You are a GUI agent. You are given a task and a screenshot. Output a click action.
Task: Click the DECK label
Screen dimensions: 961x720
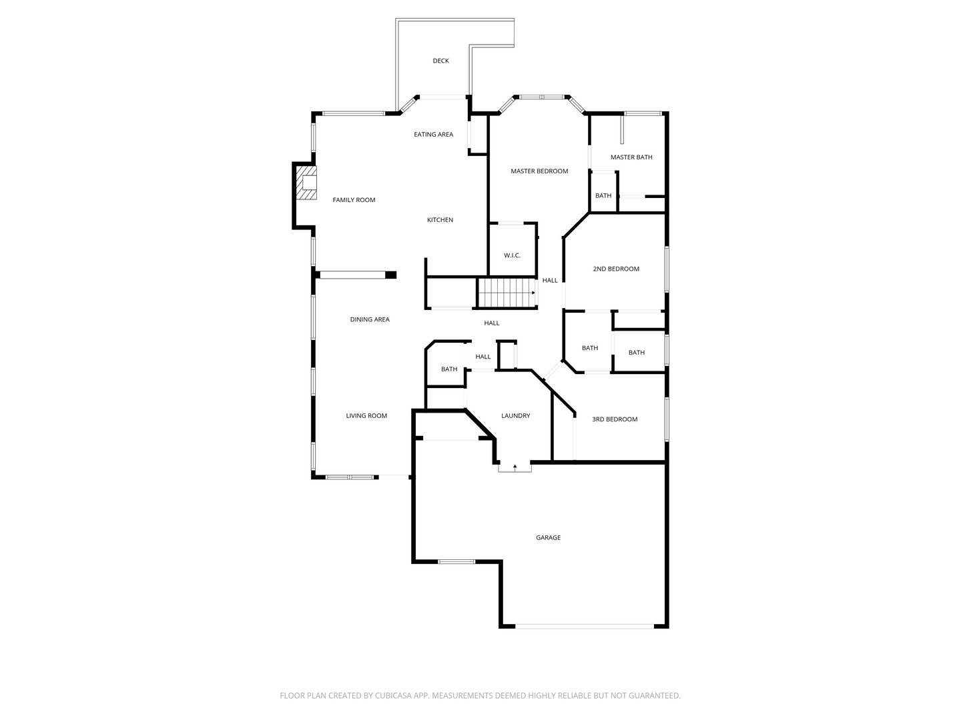click(440, 61)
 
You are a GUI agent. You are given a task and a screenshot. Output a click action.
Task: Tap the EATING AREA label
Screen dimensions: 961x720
click(433, 134)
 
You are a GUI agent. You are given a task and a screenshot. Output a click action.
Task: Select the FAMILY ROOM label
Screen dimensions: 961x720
click(353, 200)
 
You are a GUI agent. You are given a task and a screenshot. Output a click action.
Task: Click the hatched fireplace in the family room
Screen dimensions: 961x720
click(306, 182)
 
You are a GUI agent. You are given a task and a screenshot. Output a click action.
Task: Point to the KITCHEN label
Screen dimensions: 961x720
click(440, 220)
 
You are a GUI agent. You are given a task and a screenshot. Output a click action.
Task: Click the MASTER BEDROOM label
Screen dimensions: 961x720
click(539, 171)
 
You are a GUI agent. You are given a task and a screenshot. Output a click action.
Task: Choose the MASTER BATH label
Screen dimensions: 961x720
click(631, 157)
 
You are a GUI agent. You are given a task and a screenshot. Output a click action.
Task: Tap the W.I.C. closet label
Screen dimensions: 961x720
click(512, 255)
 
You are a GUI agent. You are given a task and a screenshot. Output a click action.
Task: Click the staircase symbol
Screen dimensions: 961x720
click(507, 293)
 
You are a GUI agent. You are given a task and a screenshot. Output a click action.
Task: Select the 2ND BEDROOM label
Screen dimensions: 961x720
click(615, 269)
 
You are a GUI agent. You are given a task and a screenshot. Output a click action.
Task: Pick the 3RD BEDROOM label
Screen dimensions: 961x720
click(614, 419)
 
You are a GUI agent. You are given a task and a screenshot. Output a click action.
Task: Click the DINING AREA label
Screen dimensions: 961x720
click(370, 319)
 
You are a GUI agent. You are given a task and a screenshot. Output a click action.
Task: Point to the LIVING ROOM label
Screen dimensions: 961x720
click(366, 416)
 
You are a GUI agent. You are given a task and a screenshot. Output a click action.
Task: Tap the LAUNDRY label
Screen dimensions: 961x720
click(515, 416)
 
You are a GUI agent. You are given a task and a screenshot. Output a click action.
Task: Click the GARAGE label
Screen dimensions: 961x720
click(548, 538)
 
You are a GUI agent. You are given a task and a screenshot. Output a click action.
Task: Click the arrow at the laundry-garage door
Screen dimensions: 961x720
click(515, 467)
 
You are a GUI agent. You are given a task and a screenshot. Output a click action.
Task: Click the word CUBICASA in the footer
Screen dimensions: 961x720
click(392, 695)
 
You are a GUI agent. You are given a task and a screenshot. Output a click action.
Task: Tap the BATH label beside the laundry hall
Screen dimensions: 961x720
click(448, 369)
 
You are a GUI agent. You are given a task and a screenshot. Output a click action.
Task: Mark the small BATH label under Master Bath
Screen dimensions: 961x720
click(603, 195)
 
